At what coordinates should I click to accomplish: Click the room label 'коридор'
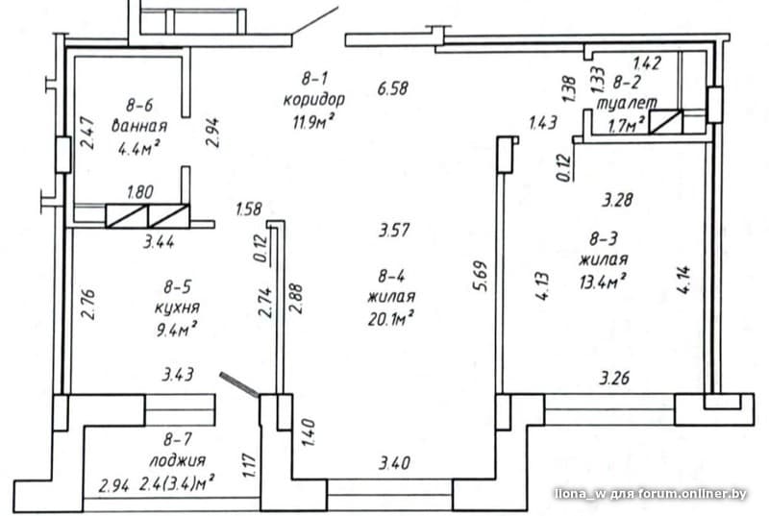[314, 100]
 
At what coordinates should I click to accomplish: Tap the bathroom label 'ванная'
[139, 126]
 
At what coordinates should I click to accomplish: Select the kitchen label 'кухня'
[177, 307]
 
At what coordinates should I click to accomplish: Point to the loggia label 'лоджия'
[177, 460]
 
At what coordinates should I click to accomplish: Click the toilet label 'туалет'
[627, 104]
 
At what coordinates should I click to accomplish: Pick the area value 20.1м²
[391, 318]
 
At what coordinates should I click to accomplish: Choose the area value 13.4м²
[603, 281]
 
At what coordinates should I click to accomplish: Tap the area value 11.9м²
[314, 120]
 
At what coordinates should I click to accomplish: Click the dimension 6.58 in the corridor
[392, 88]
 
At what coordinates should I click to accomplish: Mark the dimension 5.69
[482, 276]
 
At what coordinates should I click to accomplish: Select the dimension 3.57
[393, 230]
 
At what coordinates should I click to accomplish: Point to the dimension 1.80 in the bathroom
[139, 191]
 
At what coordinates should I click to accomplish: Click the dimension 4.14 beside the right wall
[683, 280]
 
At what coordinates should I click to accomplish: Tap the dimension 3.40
[394, 462]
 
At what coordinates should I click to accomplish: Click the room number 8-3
[604, 239]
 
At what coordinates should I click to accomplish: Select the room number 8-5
[177, 285]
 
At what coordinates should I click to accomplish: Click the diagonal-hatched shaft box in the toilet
[665, 122]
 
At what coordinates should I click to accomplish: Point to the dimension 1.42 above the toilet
[647, 62]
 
